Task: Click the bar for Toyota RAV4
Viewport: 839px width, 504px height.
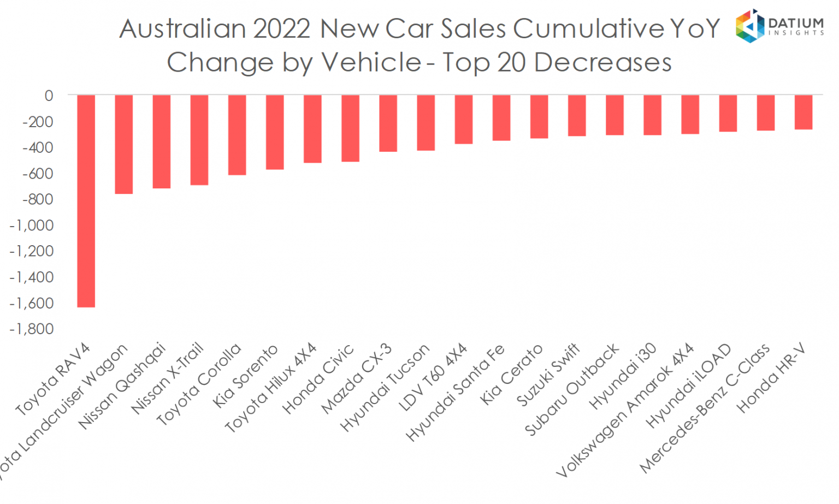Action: point(86,201)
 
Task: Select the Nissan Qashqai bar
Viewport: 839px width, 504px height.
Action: point(161,141)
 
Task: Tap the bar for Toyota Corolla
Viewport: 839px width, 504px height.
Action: point(237,135)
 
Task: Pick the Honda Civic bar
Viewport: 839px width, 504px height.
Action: point(350,128)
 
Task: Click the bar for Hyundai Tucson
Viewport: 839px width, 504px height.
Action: point(426,123)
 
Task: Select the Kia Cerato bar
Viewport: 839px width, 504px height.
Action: point(539,117)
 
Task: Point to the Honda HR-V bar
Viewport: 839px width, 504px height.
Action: point(803,112)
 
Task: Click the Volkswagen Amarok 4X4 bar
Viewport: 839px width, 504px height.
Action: point(690,115)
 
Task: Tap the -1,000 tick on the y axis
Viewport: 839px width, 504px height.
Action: point(32,225)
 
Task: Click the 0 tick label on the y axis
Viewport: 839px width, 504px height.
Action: point(49,96)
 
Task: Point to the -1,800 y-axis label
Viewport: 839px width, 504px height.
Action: point(32,329)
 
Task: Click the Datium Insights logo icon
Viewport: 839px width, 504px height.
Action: point(749,26)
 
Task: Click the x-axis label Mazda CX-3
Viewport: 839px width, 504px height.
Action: point(356,378)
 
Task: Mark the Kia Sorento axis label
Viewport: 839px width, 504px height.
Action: point(245,376)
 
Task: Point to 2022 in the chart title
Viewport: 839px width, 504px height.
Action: point(282,28)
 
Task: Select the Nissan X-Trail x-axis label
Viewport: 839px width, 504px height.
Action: point(167,378)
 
